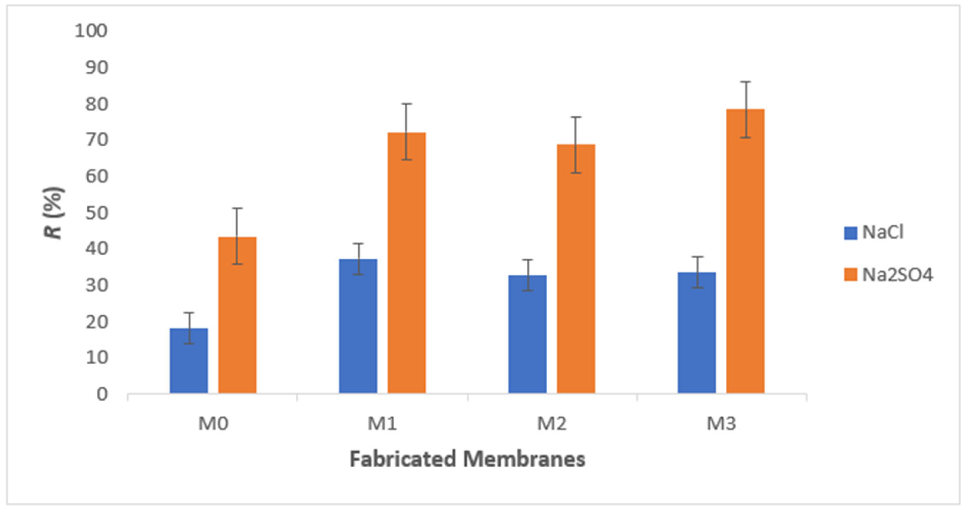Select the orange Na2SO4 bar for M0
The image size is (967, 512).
(237, 315)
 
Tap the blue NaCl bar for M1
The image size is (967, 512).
(358, 326)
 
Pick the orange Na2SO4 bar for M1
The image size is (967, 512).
(407, 262)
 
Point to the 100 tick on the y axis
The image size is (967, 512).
(91, 31)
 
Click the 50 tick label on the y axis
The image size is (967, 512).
(96, 213)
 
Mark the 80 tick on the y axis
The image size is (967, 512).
(96, 104)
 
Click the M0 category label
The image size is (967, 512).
(213, 423)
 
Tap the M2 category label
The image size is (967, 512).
(551, 423)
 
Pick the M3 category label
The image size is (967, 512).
(721, 423)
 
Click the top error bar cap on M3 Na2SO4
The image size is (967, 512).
(745, 82)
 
